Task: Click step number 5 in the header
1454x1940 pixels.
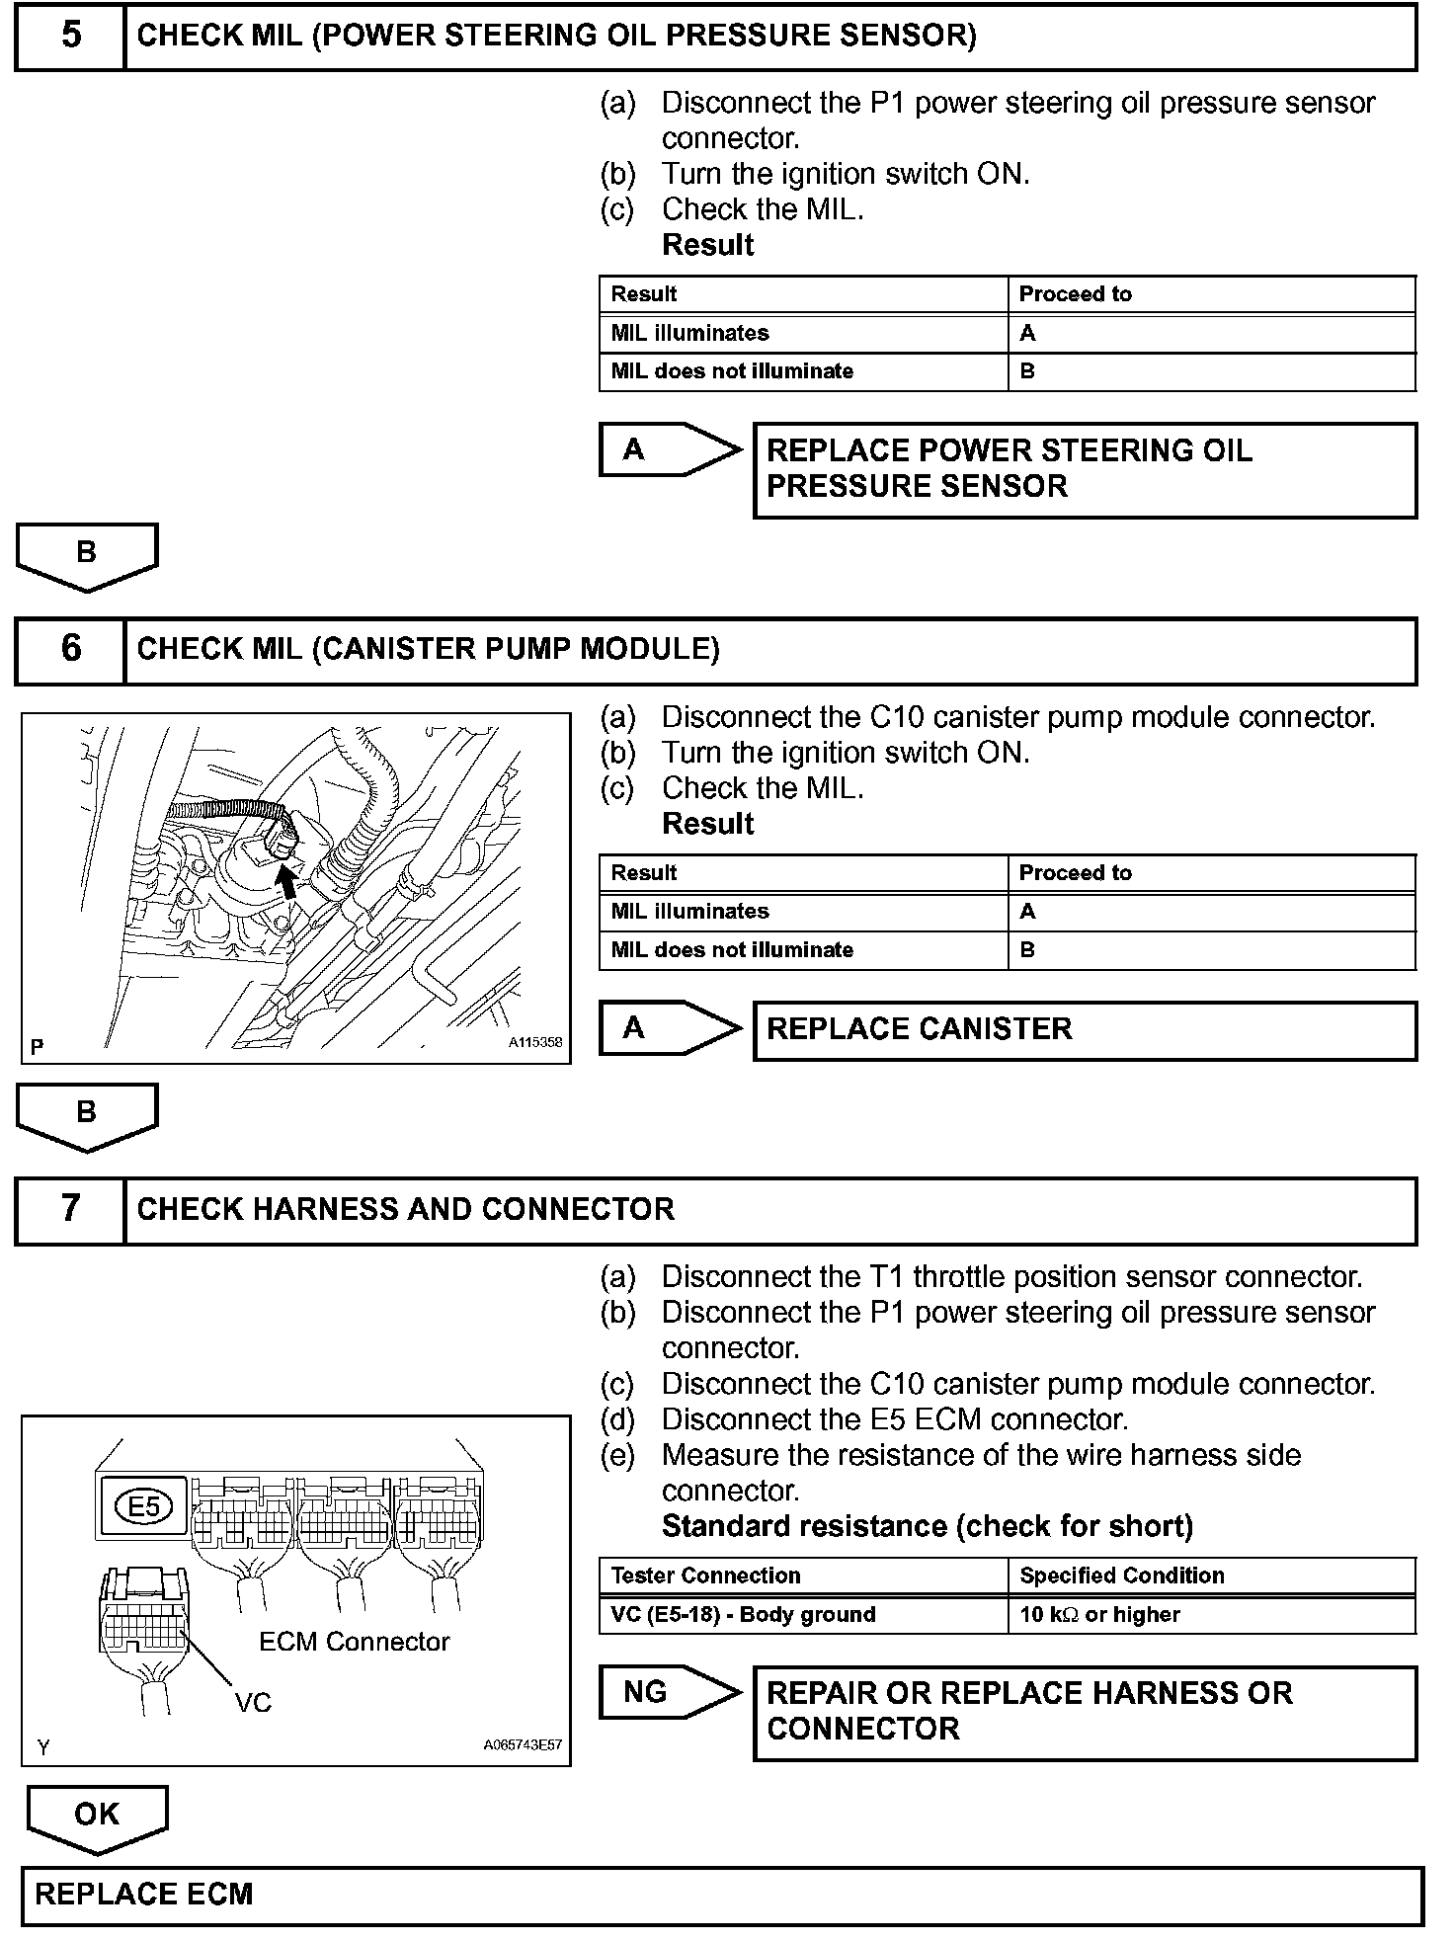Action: [71, 37]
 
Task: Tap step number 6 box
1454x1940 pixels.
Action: [71, 650]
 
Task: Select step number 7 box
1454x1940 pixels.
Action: [71, 1209]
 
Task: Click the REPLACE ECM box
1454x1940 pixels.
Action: [721, 1895]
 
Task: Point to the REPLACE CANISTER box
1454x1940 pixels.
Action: [1084, 1030]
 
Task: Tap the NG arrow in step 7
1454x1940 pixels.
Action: [670, 1693]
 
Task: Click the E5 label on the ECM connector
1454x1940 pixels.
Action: [144, 1507]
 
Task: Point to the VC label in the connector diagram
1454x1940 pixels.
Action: [253, 1702]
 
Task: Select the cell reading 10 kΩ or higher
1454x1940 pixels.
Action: [1211, 1615]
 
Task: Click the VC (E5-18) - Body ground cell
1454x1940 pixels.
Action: [803, 1615]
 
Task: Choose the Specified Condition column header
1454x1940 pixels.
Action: [1211, 1576]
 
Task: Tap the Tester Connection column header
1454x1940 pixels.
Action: [803, 1576]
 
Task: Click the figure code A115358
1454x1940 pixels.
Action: [535, 1042]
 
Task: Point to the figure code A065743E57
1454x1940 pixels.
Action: [523, 1743]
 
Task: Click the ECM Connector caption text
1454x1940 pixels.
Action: [354, 1642]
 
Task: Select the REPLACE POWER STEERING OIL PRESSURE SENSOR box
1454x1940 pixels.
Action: [1084, 469]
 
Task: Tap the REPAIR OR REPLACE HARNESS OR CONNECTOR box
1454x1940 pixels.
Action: [1084, 1712]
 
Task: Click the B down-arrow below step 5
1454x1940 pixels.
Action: [87, 556]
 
